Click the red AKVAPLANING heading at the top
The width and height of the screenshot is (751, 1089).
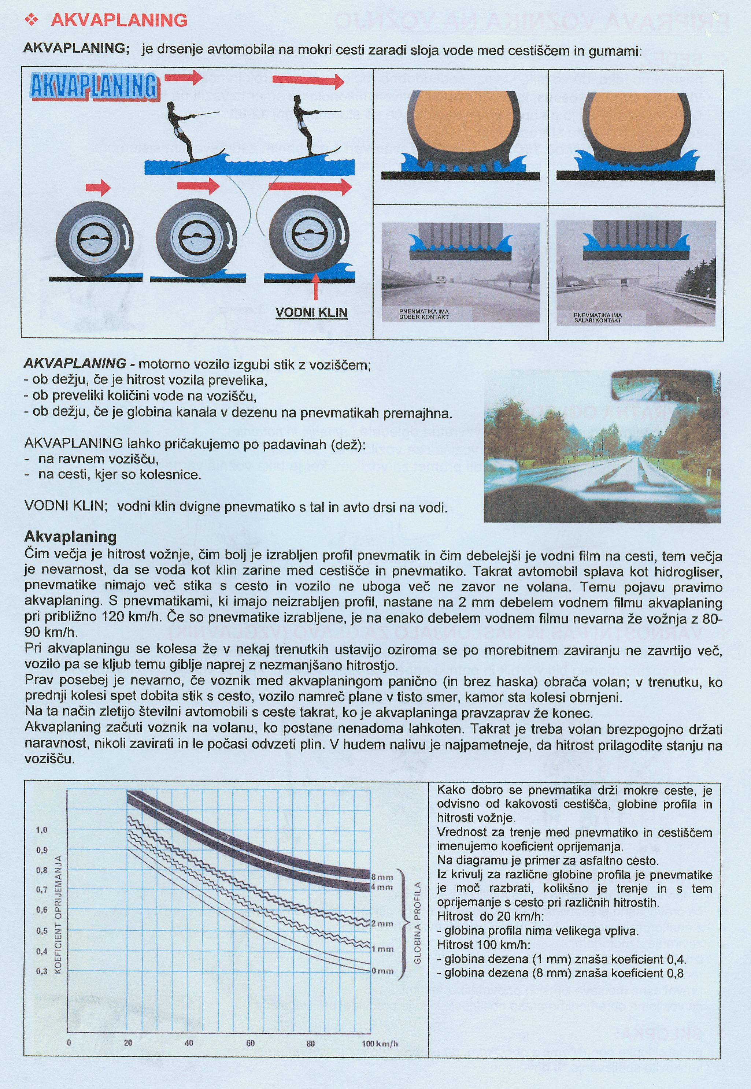pos(119,20)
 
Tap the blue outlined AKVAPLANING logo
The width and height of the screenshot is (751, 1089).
pos(94,87)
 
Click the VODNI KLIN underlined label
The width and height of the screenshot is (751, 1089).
pos(311,313)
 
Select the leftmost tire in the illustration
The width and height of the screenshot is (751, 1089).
pos(95,240)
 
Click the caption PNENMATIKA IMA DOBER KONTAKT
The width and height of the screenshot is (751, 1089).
pos(423,314)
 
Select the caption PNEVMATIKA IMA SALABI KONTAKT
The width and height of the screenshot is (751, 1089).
pos(598,318)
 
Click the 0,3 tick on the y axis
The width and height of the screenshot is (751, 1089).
pos(42,968)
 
